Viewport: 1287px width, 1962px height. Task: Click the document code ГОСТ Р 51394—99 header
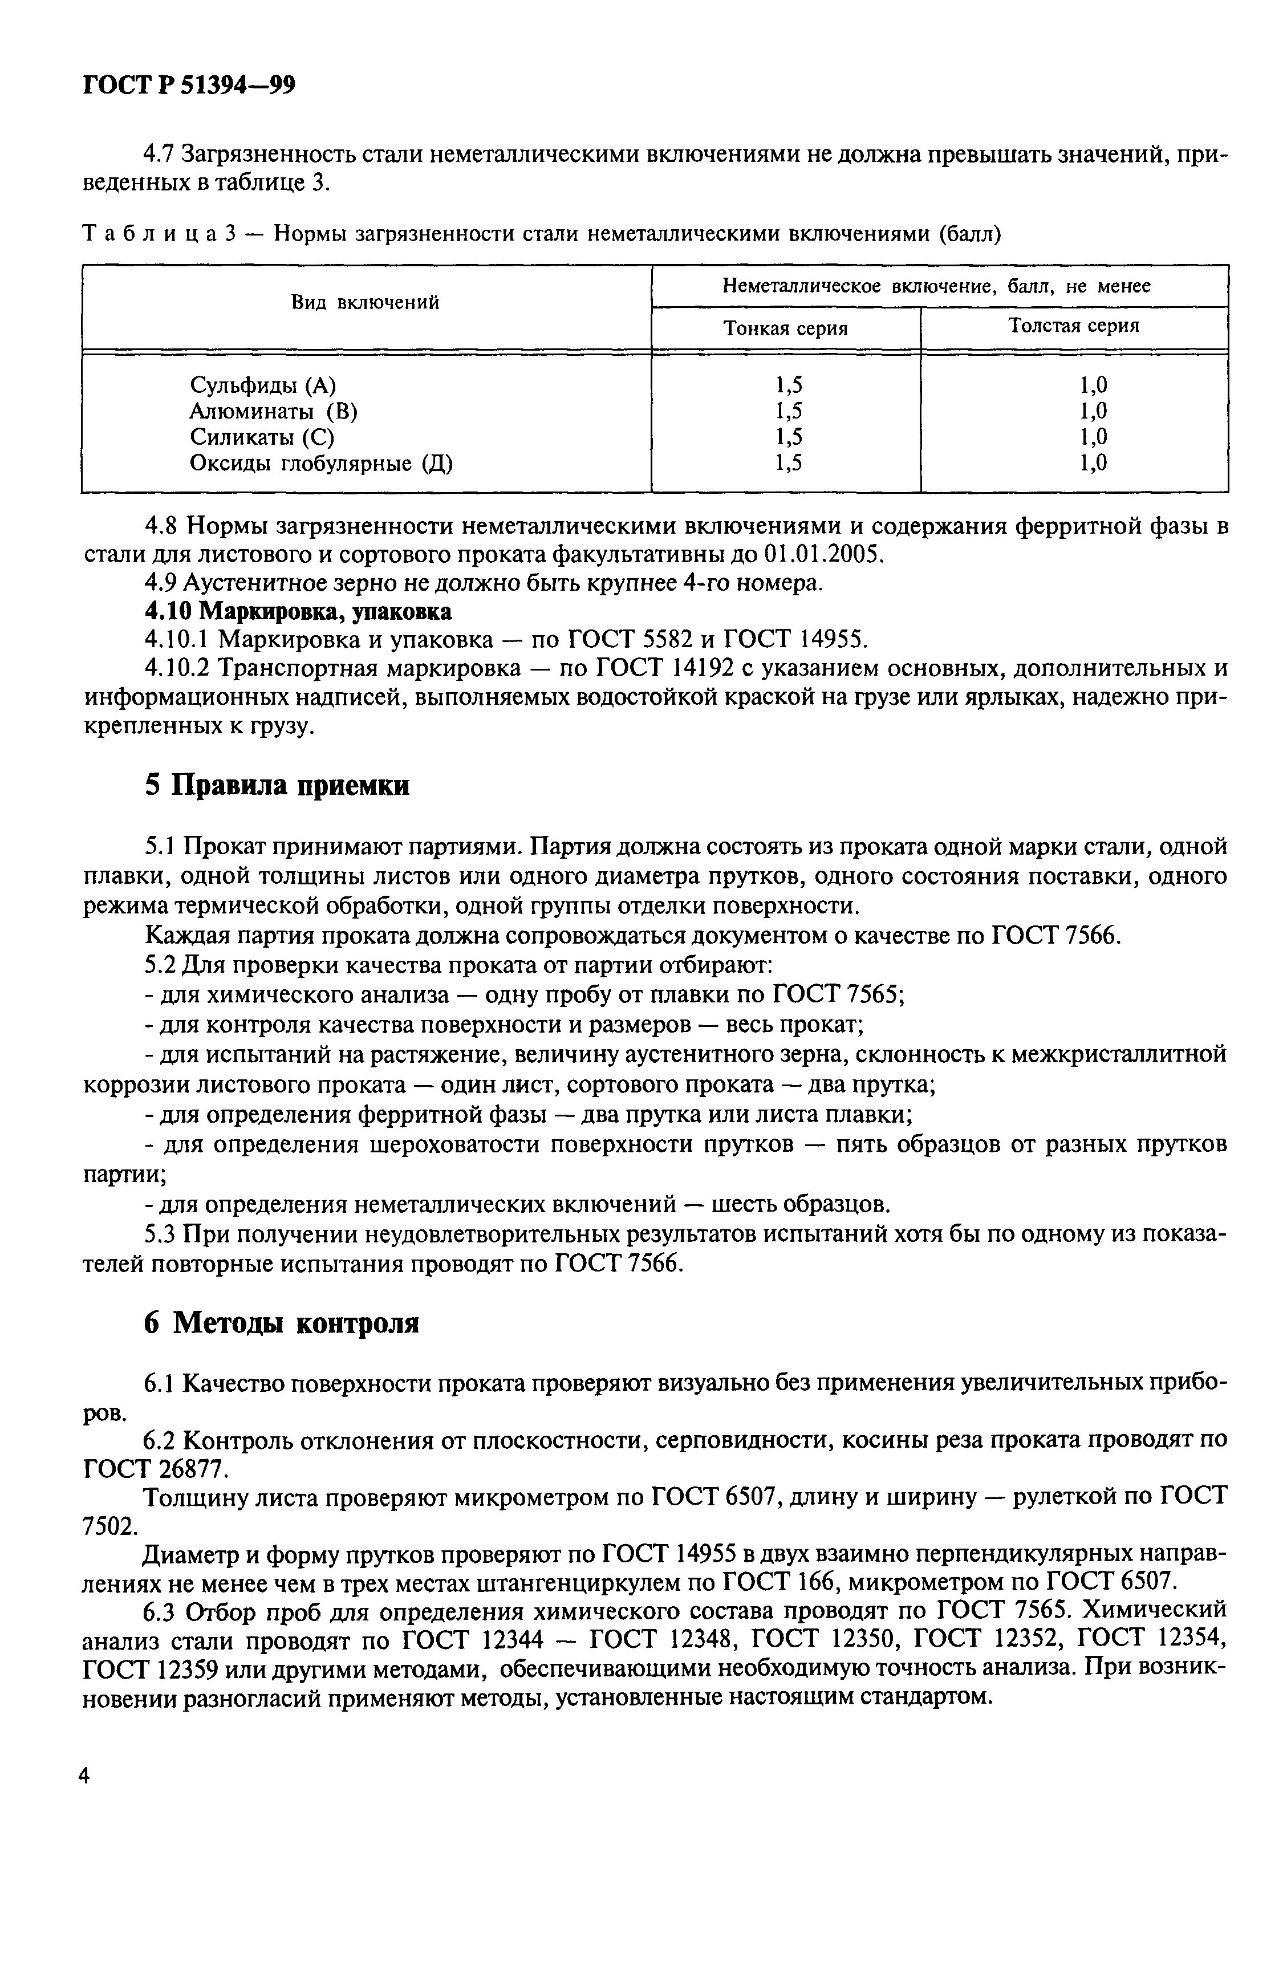[x=190, y=86]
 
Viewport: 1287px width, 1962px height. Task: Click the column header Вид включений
[x=366, y=303]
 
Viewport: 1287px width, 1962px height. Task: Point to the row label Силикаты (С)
[x=262, y=437]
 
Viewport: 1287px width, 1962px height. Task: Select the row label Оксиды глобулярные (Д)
[x=322, y=464]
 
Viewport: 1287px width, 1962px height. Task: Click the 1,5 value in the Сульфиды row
[x=788, y=385]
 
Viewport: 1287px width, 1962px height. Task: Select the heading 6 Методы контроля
[x=282, y=1324]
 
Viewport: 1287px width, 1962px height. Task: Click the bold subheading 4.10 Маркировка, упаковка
[x=298, y=612]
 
